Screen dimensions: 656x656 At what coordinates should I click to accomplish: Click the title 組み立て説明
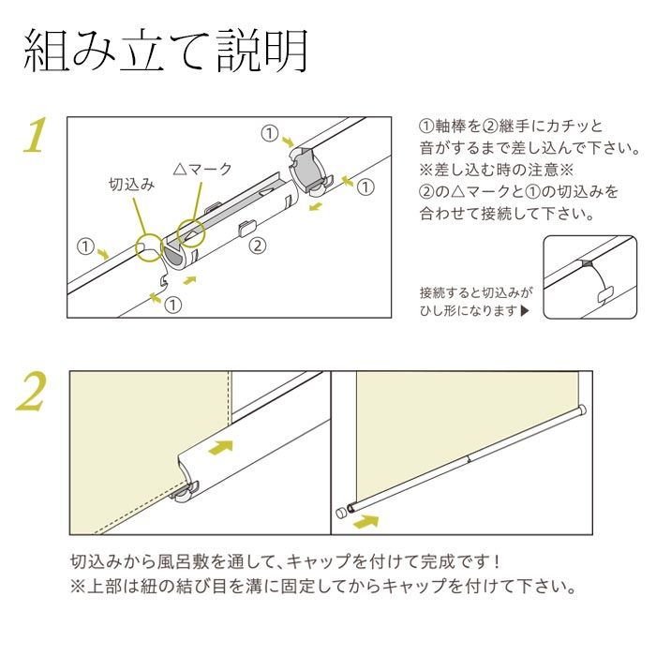(166, 52)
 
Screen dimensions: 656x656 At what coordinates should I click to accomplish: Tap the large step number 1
(35, 137)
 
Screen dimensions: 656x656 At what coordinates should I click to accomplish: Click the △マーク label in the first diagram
(201, 169)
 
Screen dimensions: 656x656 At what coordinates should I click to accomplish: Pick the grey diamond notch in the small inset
(587, 264)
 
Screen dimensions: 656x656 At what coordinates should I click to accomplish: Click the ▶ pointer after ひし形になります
(525, 311)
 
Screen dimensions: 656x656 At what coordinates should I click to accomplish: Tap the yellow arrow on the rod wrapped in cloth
(219, 447)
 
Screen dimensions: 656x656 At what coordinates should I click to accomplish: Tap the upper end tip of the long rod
(583, 408)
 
